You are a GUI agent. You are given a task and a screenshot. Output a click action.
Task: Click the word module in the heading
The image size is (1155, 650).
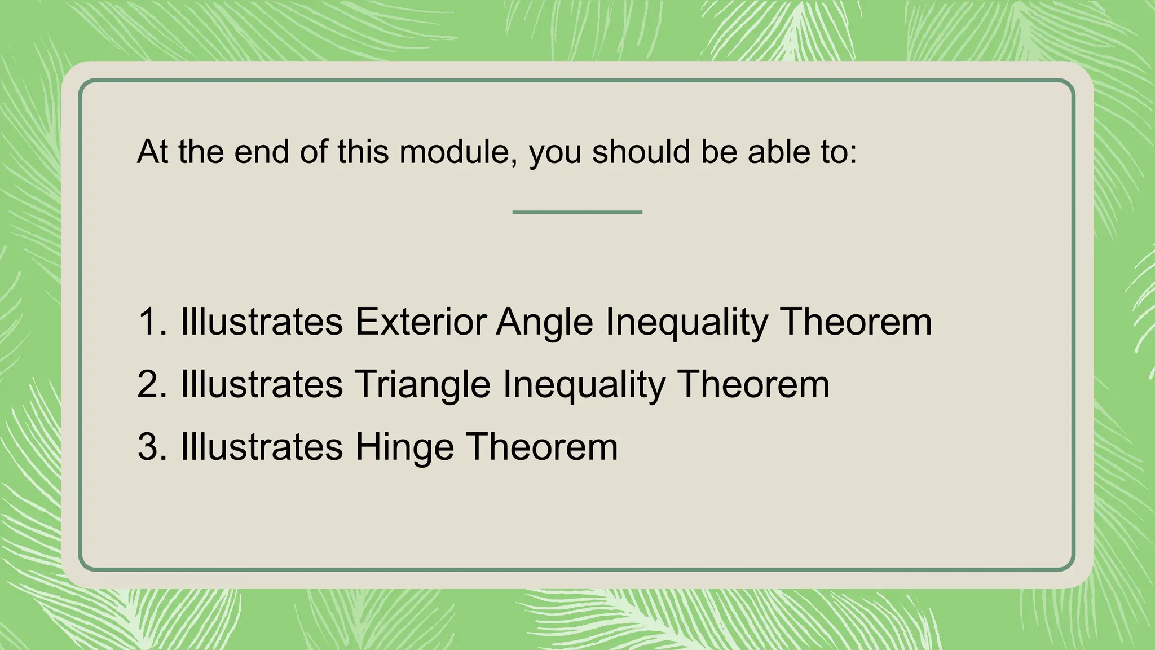click(x=457, y=152)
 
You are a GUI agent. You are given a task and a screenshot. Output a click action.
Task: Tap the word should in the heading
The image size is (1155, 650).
click(x=641, y=152)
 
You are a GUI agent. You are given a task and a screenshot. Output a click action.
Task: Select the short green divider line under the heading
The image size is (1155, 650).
click(x=577, y=212)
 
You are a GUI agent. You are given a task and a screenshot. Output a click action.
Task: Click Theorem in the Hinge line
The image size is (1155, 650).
click(x=542, y=447)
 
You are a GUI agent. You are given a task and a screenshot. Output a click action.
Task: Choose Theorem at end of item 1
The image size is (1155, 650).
click(x=856, y=322)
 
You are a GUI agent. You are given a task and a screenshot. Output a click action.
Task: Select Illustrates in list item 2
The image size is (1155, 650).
click(x=262, y=385)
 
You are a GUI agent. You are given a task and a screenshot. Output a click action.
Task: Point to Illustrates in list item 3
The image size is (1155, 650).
click(x=262, y=447)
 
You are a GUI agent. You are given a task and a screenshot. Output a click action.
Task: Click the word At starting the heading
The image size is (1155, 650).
click(x=152, y=152)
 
